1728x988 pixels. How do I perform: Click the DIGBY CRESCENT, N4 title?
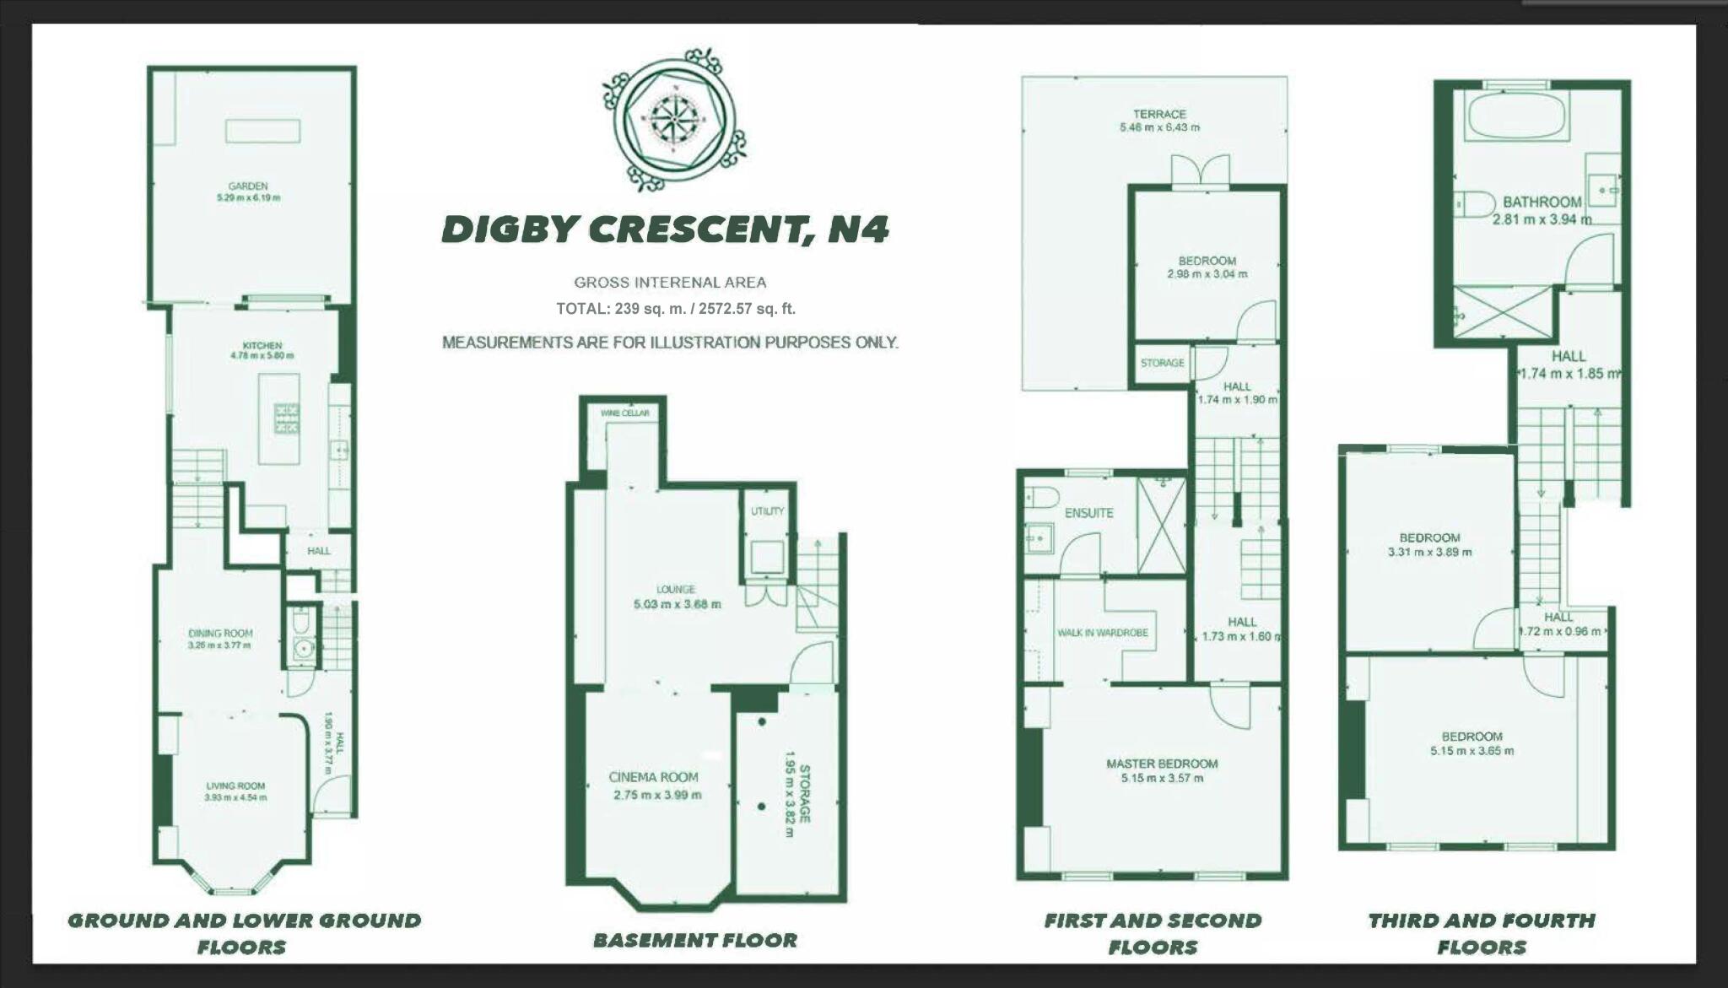(x=665, y=229)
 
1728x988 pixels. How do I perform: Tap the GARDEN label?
(x=248, y=186)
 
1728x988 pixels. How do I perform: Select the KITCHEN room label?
(x=262, y=345)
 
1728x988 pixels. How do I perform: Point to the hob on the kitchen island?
(x=286, y=418)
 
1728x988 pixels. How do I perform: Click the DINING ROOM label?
(x=220, y=633)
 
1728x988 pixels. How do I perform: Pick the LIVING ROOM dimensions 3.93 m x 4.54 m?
(x=235, y=797)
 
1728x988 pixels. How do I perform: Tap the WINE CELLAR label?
(x=625, y=413)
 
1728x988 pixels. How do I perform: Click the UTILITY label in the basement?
(x=767, y=510)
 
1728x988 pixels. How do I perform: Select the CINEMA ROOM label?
(x=654, y=777)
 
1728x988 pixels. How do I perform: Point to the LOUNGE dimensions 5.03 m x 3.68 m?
(x=677, y=604)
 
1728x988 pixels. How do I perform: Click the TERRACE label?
(x=1159, y=114)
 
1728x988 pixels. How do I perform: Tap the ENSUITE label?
(x=1088, y=513)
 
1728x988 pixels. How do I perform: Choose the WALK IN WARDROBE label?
(x=1103, y=633)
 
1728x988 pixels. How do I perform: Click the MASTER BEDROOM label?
(x=1162, y=764)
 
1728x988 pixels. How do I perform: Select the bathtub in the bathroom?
(x=1516, y=116)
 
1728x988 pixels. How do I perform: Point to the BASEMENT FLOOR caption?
(x=694, y=940)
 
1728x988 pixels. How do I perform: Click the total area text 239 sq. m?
(x=675, y=309)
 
